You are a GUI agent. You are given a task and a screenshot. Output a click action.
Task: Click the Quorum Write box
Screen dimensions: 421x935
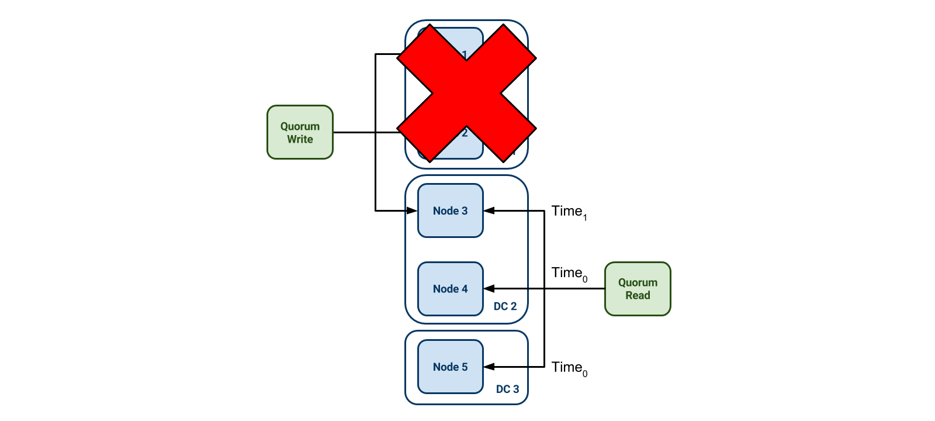pos(300,132)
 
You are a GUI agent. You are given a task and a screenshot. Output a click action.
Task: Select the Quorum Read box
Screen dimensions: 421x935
pos(638,289)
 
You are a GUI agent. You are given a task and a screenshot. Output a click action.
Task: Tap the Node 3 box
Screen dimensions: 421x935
pos(451,210)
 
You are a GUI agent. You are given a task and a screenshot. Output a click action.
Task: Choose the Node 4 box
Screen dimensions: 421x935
pos(451,289)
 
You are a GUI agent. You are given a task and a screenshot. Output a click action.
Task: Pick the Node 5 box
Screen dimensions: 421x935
pos(451,367)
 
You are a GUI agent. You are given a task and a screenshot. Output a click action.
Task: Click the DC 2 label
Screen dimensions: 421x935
pos(505,306)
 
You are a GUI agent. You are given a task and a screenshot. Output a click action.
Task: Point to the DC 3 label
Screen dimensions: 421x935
pos(507,389)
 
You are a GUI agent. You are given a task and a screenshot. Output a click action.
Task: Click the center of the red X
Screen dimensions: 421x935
pos(466,94)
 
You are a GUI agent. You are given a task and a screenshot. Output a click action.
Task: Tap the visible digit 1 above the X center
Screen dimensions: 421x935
pos(465,54)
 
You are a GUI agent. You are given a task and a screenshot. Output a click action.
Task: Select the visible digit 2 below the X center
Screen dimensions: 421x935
pos(465,133)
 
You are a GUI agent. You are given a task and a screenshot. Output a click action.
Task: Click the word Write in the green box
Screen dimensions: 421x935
pos(300,139)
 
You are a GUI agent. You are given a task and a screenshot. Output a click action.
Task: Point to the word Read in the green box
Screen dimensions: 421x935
pos(638,296)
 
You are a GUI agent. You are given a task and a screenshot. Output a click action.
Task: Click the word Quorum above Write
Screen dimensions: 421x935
pos(300,126)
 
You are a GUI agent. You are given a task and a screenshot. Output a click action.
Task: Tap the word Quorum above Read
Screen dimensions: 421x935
pos(638,282)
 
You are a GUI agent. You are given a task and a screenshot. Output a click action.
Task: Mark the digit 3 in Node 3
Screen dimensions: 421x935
pos(465,210)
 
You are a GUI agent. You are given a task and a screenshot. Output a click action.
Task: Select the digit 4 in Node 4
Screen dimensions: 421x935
pos(465,289)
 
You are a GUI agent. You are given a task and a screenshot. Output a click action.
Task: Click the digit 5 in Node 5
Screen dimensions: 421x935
pos(465,367)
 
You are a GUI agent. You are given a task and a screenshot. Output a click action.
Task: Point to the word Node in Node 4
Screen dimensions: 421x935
pos(445,289)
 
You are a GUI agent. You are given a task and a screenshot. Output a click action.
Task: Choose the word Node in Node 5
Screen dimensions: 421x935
pos(445,367)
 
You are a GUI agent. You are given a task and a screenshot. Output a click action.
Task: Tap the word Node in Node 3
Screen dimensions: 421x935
pos(445,210)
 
